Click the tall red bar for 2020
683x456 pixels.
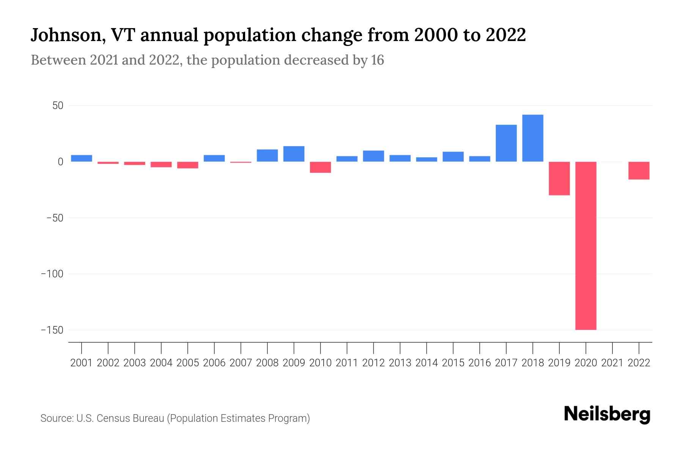(585, 245)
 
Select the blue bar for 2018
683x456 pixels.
(532, 138)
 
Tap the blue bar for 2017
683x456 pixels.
(506, 143)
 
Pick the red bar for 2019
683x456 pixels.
(559, 178)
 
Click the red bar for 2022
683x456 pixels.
(639, 170)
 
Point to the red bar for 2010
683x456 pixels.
(320, 167)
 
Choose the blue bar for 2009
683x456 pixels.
(294, 154)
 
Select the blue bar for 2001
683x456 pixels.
(81, 158)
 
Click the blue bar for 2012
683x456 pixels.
(373, 156)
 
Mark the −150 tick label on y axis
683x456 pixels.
(52, 330)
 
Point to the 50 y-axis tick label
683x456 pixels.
(58, 106)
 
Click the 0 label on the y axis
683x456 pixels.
(60, 162)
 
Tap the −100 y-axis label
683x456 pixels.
(52, 274)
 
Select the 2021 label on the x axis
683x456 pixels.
(612, 363)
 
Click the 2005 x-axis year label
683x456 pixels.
(187, 363)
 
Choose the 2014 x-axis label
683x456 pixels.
(426, 363)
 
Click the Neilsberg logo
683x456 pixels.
(607, 414)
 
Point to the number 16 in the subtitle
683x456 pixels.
(378, 60)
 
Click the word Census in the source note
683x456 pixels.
(110, 418)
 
